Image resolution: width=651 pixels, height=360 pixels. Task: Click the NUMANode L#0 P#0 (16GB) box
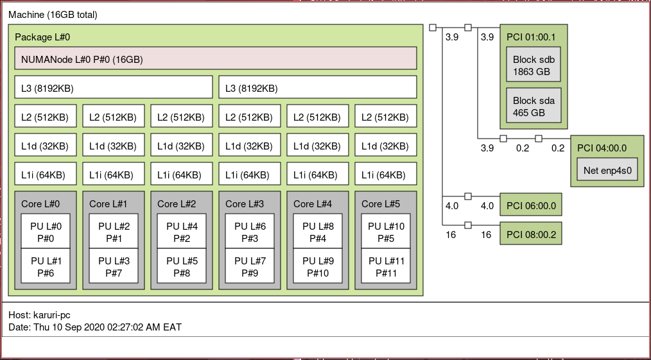pos(216,58)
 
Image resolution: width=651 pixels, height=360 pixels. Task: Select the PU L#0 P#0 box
pos(46,231)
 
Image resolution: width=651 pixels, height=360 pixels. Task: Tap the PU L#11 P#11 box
pos(386,266)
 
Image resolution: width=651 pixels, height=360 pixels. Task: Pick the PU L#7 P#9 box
pos(250,266)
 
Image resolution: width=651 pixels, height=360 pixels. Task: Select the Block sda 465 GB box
pos(534,105)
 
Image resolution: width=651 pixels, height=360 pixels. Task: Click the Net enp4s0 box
pos(607,169)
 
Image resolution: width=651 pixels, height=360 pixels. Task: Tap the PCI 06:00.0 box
pos(531,205)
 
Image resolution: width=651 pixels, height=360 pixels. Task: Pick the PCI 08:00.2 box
pos(531,233)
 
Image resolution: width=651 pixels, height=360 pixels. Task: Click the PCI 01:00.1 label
pos(531,37)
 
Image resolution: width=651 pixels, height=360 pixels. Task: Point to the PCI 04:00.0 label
pos(602,148)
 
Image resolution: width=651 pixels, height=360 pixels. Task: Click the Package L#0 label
pos(42,37)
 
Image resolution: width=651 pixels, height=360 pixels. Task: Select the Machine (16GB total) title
pos(53,15)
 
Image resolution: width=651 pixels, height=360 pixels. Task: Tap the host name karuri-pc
pos(52,315)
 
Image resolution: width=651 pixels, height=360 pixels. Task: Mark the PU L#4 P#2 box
pos(182,231)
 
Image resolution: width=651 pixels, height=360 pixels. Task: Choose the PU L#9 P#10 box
pos(318,266)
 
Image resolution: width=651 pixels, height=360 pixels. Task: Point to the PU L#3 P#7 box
pos(114,266)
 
